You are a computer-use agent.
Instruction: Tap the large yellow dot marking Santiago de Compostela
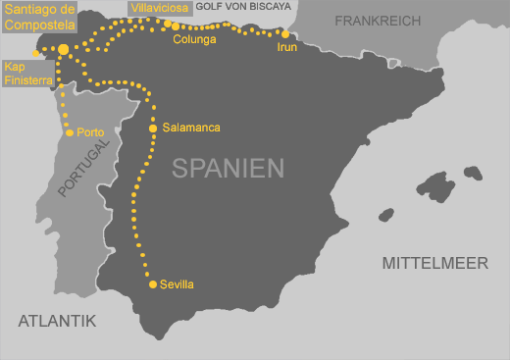coord(64,49)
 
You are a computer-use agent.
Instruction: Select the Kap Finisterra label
coord(27,73)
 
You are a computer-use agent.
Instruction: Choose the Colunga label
coord(194,40)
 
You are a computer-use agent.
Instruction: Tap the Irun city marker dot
coord(285,34)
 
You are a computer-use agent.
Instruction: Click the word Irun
coord(288,47)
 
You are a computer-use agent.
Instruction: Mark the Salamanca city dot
coord(153,129)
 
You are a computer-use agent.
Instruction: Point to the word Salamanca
coord(191,129)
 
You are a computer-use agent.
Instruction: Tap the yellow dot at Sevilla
coord(153,284)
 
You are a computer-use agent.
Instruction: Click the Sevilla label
coord(178,284)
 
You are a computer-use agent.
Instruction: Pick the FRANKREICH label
coord(378,21)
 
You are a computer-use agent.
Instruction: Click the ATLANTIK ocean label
coord(57,320)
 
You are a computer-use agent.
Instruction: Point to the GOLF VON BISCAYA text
coord(244,6)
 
